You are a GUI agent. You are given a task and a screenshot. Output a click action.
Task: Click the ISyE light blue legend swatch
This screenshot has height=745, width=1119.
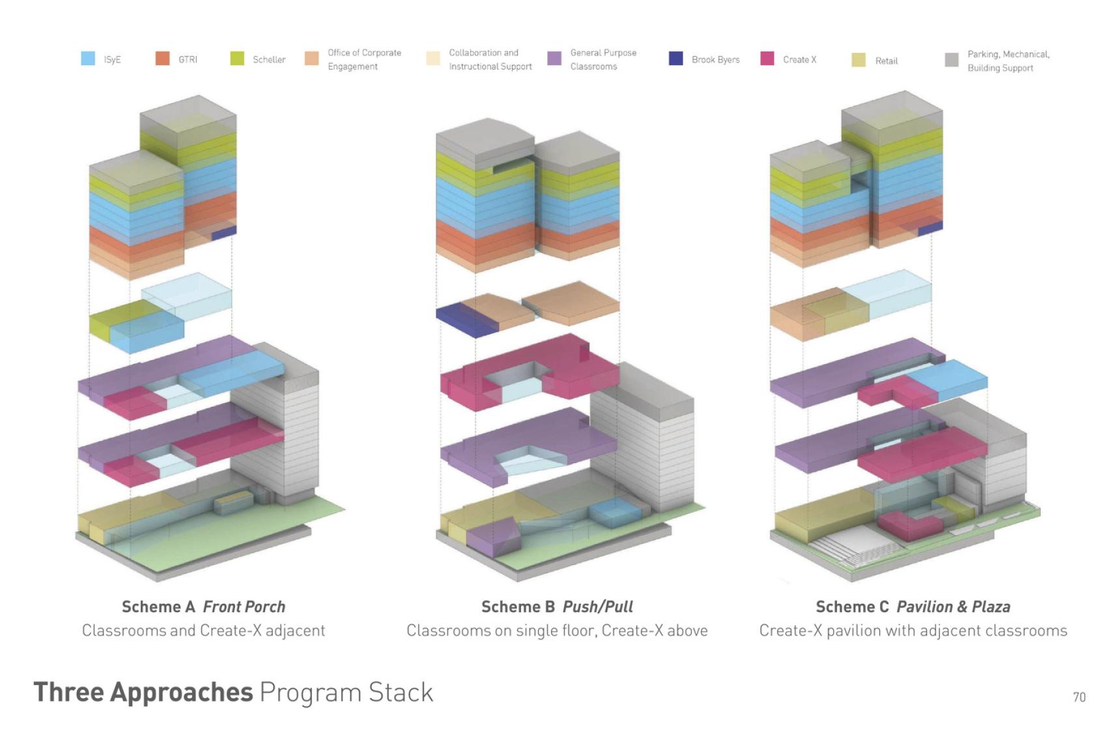tap(88, 59)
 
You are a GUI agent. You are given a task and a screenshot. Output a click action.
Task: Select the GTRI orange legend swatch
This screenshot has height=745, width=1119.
tap(162, 59)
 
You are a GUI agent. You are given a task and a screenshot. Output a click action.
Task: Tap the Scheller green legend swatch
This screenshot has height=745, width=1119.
tap(237, 59)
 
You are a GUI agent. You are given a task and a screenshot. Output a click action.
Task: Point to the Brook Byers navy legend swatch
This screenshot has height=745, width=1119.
tap(675, 59)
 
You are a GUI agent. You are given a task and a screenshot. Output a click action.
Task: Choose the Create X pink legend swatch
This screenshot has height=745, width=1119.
tap(767, 59)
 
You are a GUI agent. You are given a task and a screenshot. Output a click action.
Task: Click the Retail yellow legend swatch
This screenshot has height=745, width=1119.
tap(858, 60)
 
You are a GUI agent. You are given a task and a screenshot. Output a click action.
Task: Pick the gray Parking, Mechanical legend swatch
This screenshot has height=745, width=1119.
tap(952, 60)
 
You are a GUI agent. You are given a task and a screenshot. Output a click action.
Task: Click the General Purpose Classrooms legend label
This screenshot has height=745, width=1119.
tap(602, 59)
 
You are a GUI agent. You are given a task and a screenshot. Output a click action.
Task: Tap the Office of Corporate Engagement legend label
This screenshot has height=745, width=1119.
tap(364, 59)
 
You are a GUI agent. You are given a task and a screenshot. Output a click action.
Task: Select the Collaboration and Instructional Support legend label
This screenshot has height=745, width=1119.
tap(490, 59)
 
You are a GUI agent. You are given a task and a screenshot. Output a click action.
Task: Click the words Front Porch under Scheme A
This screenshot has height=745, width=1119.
tap(244, 607)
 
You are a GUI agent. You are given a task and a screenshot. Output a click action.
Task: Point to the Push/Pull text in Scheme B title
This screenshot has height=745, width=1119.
tap(597, 607)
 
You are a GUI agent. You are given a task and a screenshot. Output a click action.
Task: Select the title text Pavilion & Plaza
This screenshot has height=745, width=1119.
tap(953, 607)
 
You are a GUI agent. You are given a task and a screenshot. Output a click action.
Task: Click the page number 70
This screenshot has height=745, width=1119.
tap(1079, 697)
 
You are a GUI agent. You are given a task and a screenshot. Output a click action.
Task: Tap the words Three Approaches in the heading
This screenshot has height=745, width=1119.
tap(143, 692)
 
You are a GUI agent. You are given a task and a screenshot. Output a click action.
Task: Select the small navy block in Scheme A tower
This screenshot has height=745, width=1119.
tap(224, 232)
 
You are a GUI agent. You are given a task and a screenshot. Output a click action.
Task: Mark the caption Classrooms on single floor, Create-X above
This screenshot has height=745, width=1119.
tap(557, 630)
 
